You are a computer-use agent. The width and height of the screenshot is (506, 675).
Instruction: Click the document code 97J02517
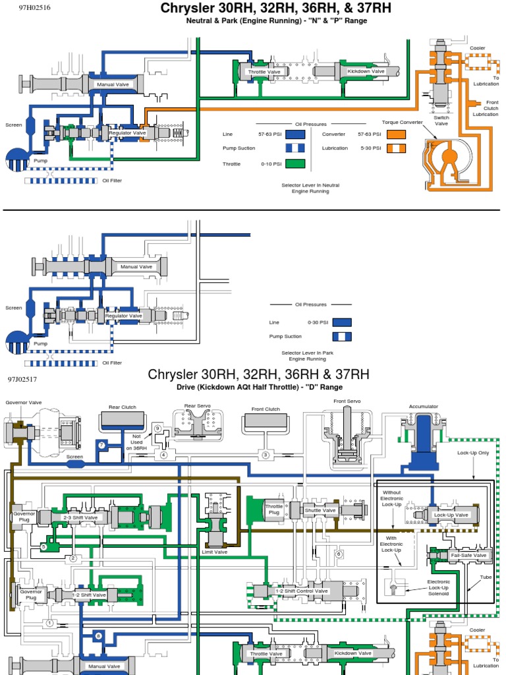click(x=22, y=380)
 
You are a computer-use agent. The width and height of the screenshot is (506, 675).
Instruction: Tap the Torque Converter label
click(x=403, y=122)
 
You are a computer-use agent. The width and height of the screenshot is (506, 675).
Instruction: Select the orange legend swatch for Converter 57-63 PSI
click(x=396, y=134)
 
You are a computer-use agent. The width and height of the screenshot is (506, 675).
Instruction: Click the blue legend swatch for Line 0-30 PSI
click(x=341, y=323)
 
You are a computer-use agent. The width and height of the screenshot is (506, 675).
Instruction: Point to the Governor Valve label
click(x=24, y=402)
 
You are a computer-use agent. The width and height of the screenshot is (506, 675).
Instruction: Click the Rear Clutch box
click(x=123, y=421)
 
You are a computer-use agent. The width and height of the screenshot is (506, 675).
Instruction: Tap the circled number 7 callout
click(x=101, y=446)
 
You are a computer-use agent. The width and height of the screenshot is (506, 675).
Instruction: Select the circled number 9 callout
click(x=157, y=428)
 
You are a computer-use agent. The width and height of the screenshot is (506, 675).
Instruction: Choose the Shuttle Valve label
click(x=320, y=510)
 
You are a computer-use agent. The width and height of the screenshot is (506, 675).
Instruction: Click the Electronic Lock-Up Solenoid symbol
click(x=394, y=589)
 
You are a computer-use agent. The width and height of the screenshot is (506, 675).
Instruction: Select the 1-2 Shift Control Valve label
click(x=301, y=591)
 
